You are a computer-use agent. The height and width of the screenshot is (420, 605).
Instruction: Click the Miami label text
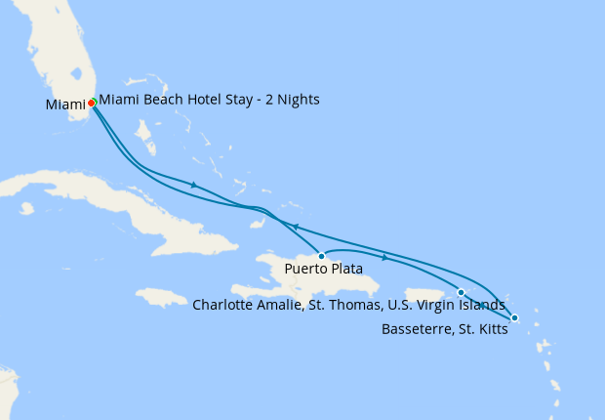pyautogui.click(x=64, y=105)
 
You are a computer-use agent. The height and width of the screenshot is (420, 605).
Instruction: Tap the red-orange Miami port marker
pyautogui.click(x=91, y=103)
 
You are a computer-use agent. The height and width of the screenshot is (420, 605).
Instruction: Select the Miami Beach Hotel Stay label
pyautogui.click(x=209, y=100)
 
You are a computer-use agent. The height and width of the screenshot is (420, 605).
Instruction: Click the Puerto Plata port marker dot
pyautogui.click(x=321, y=256)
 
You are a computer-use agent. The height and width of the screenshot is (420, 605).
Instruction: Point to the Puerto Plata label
pyautogui.click(x=324, y=269)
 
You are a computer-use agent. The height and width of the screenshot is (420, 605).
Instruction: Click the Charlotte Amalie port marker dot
pyautogui.click(x=461, y=292)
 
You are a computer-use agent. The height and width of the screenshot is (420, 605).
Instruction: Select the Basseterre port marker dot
pyautogui.click(x=514, y=317)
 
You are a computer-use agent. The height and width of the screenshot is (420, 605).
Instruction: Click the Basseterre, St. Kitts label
pyautogui.click(x=443, y=328)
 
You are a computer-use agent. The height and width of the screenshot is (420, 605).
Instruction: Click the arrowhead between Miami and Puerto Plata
pyautogui.click(x=195, y=185)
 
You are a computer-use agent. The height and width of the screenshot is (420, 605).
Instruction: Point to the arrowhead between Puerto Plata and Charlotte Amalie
pyautogui.click(x=385, y=258)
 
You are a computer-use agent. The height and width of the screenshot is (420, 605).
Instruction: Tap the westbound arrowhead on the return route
pyautogui.click(x=294, y=227)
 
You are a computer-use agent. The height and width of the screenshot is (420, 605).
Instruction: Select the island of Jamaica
pyautogui.click(x=161, y=295)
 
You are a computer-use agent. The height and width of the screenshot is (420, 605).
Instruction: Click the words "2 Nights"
pyautogui.click(x=289, y=100)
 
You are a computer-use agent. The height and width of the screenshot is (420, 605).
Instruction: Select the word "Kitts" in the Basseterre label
pyautogui.click(x=488, y=328)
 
